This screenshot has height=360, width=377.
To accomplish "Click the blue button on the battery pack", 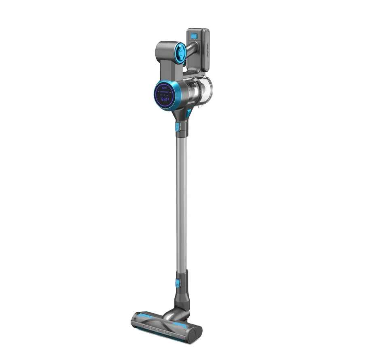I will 194,36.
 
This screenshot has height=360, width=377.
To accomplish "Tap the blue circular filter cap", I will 181,53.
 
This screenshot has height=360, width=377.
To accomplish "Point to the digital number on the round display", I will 165,98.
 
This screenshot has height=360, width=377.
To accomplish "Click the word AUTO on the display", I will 165,86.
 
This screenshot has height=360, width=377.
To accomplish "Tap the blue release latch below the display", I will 178,127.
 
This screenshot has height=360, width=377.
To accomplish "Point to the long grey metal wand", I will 181,202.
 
